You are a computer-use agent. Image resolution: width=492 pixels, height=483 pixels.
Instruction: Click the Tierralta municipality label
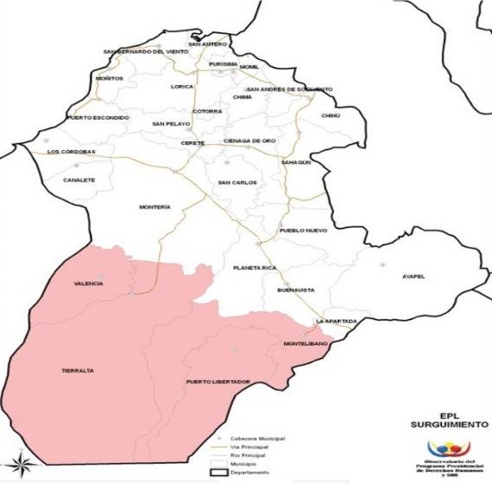click(77, 370)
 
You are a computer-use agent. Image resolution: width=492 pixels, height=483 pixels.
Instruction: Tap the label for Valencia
click(88, 284)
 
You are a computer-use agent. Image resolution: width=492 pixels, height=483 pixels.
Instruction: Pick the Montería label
click(154, 207)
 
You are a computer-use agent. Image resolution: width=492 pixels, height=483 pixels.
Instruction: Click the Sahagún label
click(295, 162)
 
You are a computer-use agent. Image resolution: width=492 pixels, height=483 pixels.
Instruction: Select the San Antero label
click(207, 44)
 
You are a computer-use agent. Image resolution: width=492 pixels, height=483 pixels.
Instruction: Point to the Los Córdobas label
click(70, 153)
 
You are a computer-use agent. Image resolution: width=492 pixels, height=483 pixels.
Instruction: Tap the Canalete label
click(79, 180)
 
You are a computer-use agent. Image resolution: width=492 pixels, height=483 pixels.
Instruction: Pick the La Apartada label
click(336, 322)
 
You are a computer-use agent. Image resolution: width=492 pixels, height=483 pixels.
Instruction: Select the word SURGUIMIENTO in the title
click(441, 426)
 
